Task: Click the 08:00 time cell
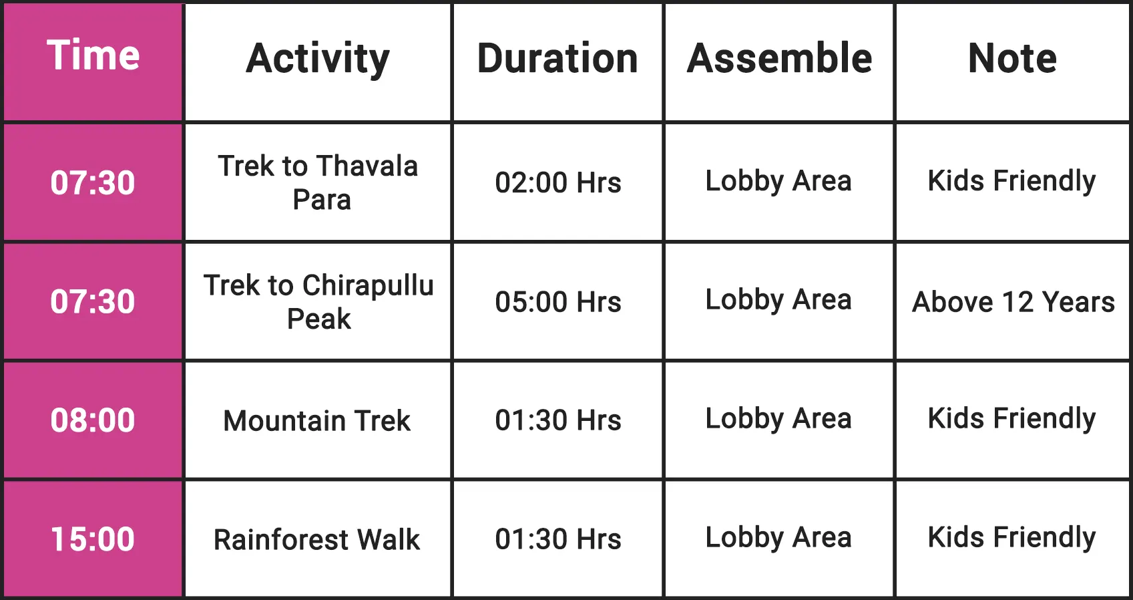tap(93, 420)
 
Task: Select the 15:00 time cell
tap(93, 539)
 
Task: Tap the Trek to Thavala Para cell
tap(318, 182)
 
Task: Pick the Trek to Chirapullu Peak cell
tap(318, 302)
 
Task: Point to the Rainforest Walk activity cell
tap(317, 539)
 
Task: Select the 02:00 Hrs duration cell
tap(558, 182)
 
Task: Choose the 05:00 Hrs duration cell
tap(558, 302)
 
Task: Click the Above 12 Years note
tap(1013, 302)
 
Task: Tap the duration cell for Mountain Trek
tap(558, 420)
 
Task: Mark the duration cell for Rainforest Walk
tap(558, 539)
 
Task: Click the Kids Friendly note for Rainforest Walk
tap(1011, 538)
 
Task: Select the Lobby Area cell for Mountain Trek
tap(778, 419)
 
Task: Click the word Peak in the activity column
tap(318, 319)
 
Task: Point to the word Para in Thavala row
tap(322, 200)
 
